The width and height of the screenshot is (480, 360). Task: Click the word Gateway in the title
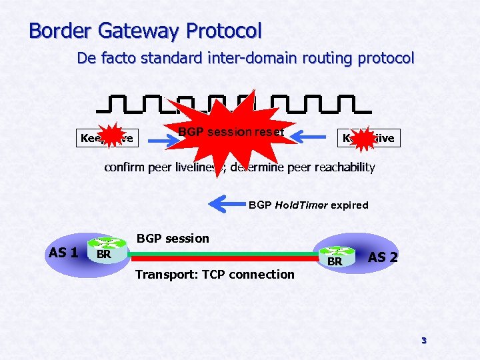pos(139,31)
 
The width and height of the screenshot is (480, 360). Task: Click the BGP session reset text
pos(231,132)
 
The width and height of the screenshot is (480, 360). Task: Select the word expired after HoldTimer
pos(349,205)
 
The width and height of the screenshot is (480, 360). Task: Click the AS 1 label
pos(63,253)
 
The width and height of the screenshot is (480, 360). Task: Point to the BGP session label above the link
pos(173,239)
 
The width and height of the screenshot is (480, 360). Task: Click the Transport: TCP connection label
pos(214,274)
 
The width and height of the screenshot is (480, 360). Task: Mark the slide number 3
pos(423,341)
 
